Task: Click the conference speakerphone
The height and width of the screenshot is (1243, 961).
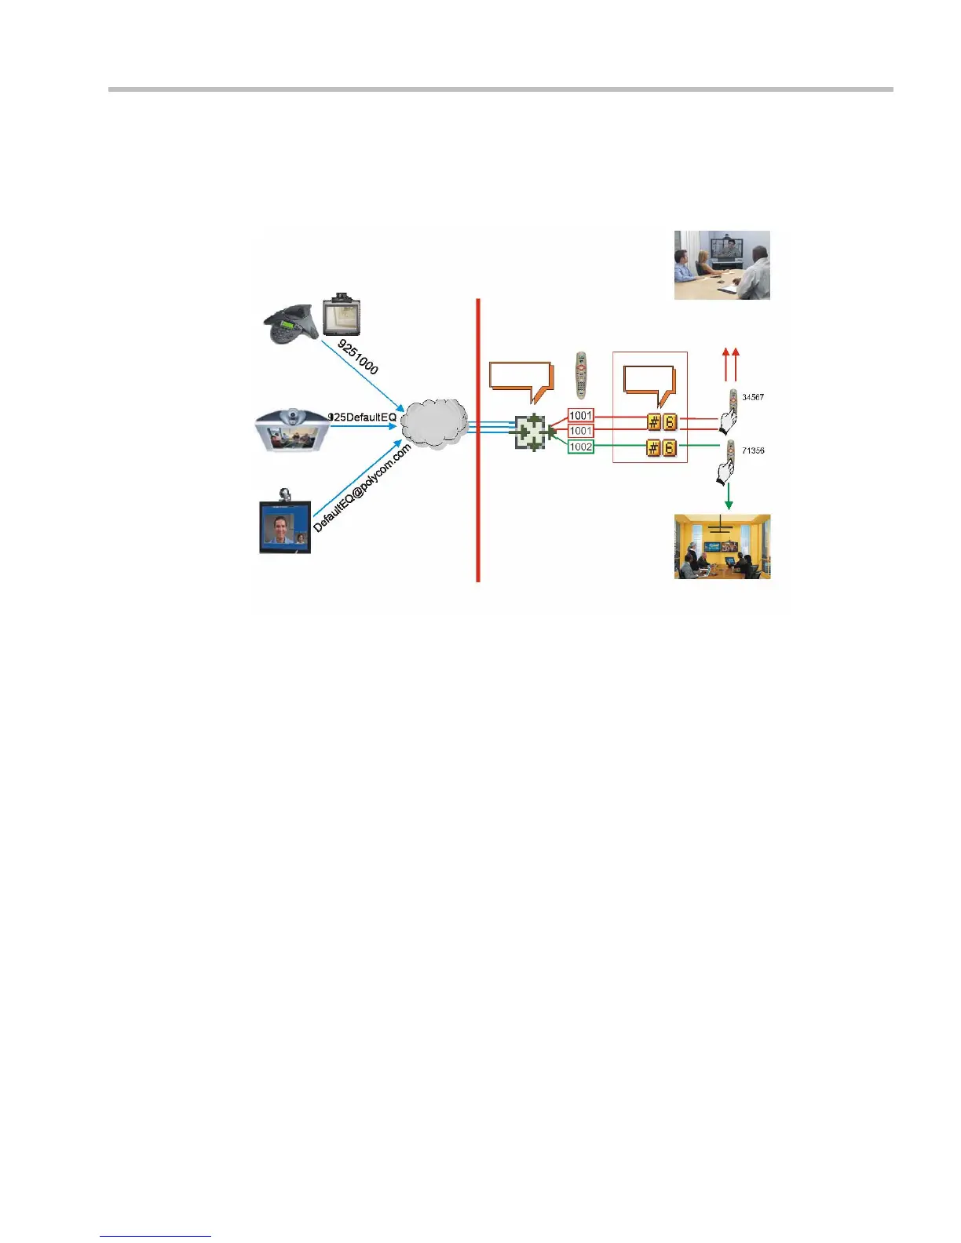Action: click(290, 323)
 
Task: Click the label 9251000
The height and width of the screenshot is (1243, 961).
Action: click(358, 357)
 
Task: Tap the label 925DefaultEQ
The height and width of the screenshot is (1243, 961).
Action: click(362, 417)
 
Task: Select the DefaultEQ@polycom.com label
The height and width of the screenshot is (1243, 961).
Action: click(362, 488)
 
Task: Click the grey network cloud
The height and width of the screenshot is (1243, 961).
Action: click(434, 424)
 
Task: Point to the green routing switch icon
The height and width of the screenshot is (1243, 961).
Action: click(532, 432)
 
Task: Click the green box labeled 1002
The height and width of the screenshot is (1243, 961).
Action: click(581, 447)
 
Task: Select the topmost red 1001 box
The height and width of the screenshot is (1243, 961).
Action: click(581, 415)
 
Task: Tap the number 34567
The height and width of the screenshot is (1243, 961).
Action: click(753, 397)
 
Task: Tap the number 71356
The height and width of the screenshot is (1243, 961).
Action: click(753, 450)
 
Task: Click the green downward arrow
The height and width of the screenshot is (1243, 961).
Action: click(729, 496)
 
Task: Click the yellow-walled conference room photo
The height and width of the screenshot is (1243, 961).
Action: click(722, 547)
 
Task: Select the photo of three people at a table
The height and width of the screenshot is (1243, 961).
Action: click(722, 265)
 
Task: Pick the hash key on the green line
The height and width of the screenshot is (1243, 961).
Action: click(653, 448)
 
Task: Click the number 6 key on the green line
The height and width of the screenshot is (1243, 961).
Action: click(669, 448)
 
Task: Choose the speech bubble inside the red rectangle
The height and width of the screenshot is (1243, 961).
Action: click(649, 383)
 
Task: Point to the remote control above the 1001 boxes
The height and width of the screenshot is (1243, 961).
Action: click(581, 375)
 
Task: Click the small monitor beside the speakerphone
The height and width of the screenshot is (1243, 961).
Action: click(342, 315)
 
